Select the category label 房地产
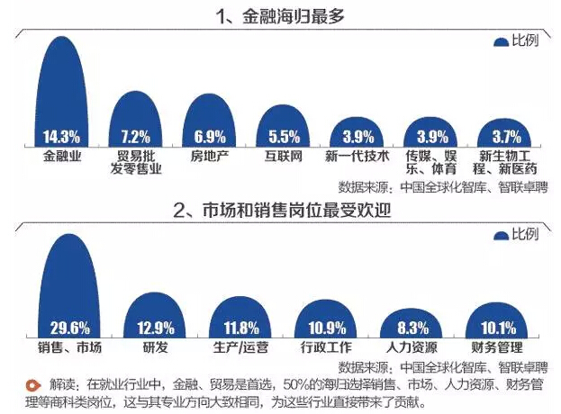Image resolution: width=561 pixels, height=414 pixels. (x=210, y=156)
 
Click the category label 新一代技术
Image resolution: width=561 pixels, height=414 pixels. (x=357, y=156)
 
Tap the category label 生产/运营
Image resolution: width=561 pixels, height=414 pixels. (x=239, y=346)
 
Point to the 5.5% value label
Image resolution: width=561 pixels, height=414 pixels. (x=284, y=138)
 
